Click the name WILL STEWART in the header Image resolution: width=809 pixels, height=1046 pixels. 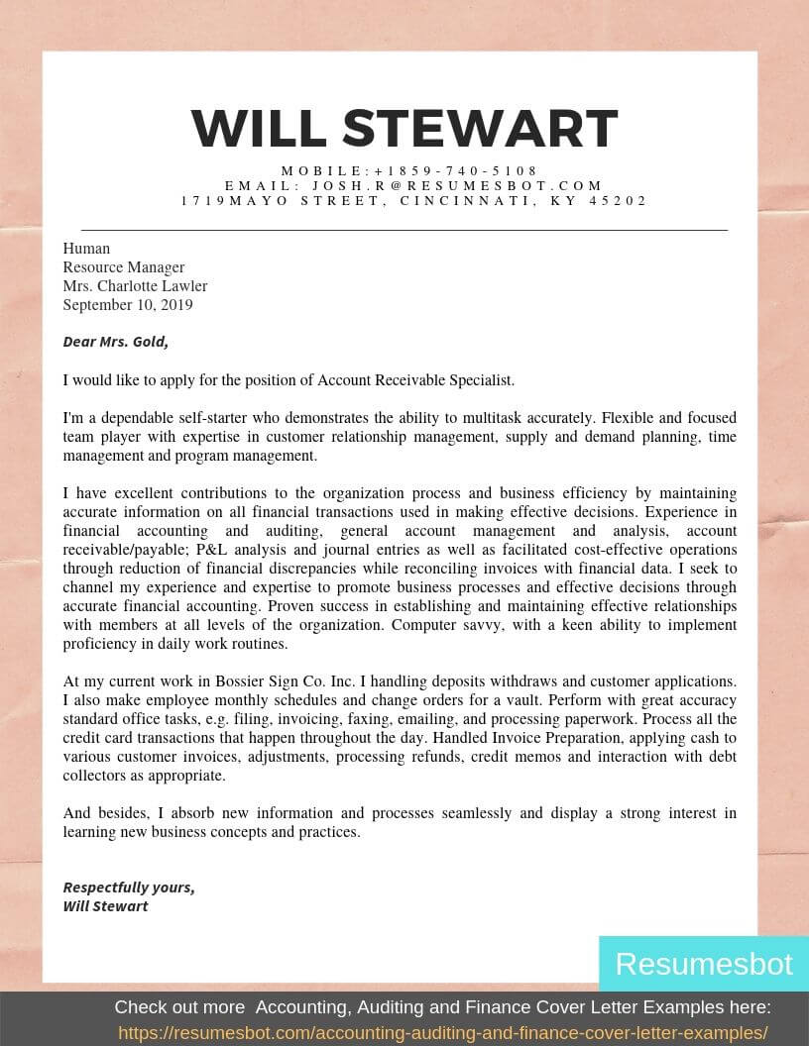pyautogui.click(x=404, y=129)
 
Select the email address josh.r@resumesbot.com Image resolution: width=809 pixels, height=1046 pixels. pyautogui.click(x=458, y=185)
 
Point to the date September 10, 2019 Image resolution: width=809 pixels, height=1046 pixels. pyautogui.click(x=128, y=305)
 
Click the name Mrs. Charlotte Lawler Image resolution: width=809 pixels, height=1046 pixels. pyautogui.click(x=135, y=286)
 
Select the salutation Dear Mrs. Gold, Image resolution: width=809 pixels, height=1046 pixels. pyautogui.click(x=115, y=342)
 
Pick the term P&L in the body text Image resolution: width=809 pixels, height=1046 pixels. pyautogui.click(x=212, y=550)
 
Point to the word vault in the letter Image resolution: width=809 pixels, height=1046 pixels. pyautogui.click(x=550, y=700)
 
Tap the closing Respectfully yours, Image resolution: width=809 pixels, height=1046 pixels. pyautogui.click(x=129, y=888)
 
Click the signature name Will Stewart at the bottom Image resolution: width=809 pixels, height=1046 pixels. pyautogui.click(x=105, y=906)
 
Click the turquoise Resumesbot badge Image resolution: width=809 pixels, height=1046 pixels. pyautogui.click(x=703, y=964)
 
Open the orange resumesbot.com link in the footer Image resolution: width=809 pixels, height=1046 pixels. pyautogui.click(x=443, y=1033)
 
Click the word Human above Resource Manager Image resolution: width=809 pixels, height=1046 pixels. pyautogui.click(x=86, y=249)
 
